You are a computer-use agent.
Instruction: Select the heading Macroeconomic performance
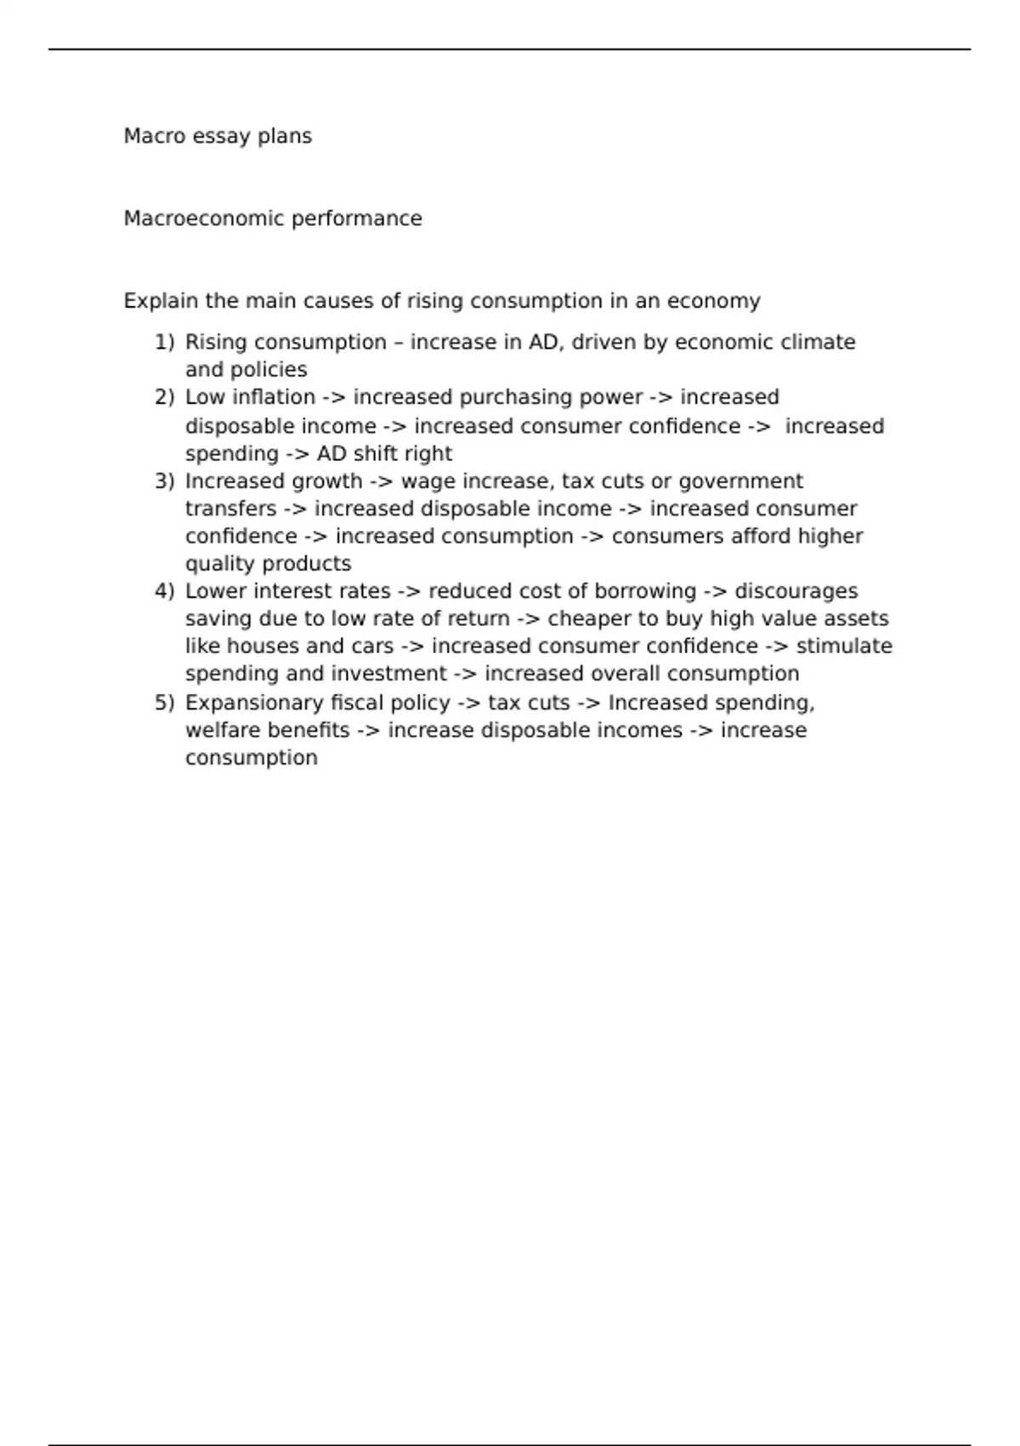point(272,219)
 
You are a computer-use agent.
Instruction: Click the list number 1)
point(164,342)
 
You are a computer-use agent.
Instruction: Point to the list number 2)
point(164,397)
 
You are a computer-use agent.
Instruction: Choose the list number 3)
point(164,481)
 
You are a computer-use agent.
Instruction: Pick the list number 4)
point(164,591)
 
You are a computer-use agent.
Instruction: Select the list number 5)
point(164,703)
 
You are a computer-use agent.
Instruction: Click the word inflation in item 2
point(274,397)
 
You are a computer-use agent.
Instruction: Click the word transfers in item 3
point(230,509)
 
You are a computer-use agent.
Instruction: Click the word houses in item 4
point(262,646)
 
